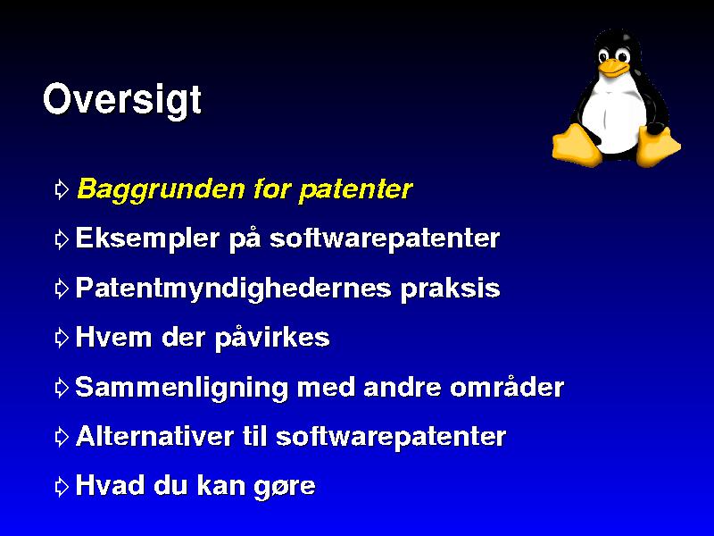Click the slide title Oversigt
tap(122, 100)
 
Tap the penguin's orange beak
tap(614, 68)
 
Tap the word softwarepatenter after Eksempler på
tap(385, 239)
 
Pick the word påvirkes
tap(272, 339)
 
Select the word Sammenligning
tap(181, 389)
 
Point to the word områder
tap(507, 387)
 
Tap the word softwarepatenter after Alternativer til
tap(391, 437)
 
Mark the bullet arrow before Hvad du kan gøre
tap(62, 486)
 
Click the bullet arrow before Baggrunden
tap(62, 189)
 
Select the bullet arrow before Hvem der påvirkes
tap(62, 338)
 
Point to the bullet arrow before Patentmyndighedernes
tap(62, 289)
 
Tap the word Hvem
tap(113, 338)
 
